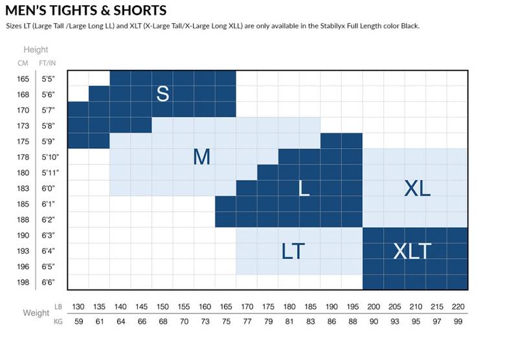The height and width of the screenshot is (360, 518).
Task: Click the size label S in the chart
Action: click(163, 94)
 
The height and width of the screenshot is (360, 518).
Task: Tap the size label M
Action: click(202, 157)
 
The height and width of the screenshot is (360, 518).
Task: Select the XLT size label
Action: click(412, 251)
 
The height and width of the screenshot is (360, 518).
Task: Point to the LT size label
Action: click(293, 251)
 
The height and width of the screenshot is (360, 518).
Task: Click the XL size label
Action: click(417, 188)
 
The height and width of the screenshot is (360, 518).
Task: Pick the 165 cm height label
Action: click(23, 79)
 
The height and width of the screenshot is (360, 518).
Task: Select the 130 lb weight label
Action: click(78, 306)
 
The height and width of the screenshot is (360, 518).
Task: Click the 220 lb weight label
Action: click(457, 306)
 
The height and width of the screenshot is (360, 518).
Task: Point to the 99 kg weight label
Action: click(457, 321)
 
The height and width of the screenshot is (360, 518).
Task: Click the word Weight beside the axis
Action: click(36, 313)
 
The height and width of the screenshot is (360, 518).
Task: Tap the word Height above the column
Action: click(36, 50)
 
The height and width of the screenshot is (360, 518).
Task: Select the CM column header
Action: click(23, 63)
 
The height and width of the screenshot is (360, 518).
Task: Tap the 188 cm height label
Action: click(23, 220)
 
